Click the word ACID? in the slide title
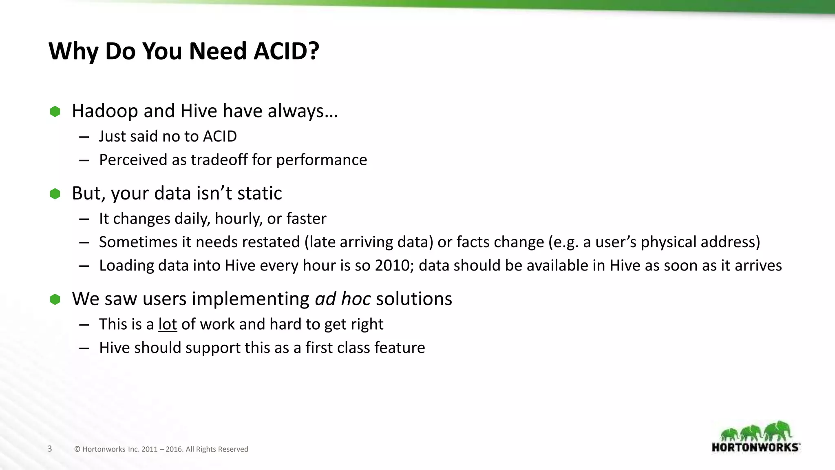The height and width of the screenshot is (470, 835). tap(286, 51)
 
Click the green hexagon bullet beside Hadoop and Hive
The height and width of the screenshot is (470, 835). tap(55, 111)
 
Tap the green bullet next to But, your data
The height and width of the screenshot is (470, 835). tap(55, 194)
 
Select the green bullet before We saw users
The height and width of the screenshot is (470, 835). tap(55, 299)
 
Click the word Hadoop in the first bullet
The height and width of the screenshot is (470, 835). tap(105, 111)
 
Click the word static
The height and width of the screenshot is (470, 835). tap(259, 193)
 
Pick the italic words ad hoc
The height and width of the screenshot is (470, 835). tap(342, 299)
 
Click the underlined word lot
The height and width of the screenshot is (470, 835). tap(168, 324)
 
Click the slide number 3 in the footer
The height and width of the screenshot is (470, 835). tap(50, 449)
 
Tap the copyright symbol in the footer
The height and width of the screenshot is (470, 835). tap(77, 449)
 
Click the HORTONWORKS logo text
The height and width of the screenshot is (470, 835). tap(755, 447)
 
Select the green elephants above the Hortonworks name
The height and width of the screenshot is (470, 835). tap(756, 432)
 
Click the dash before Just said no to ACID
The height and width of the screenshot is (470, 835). tap(84, 137)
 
